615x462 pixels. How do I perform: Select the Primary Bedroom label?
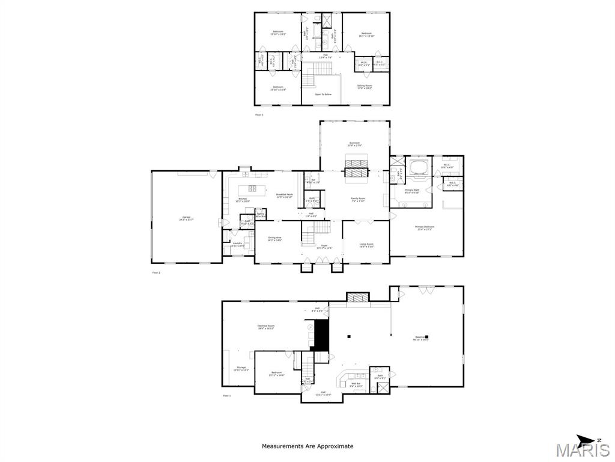pyautogui.click(x=425, y=227)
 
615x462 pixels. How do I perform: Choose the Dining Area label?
pyautogui.click(x=275, y=239)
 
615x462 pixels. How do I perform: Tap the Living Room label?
pyautogui.click(x=366, y=245)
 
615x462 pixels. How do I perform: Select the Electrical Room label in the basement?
pyautogui.click(x=265, y=327)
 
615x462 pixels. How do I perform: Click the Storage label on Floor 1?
pyautogui.click(x=241, y=368)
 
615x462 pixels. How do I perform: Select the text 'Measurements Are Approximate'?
pyautogui.click(x=307, y=446)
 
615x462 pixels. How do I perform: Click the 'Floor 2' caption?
pyautogui.click(x=156, y=273)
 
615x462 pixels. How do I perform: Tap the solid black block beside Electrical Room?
pyautogui.click(x=322, y=334)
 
